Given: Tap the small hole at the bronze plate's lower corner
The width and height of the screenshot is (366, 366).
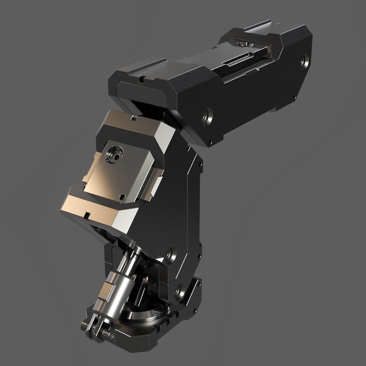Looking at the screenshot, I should pos(122,196).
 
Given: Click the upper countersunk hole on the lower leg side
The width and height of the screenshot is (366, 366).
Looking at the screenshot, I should pos(169,254).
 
